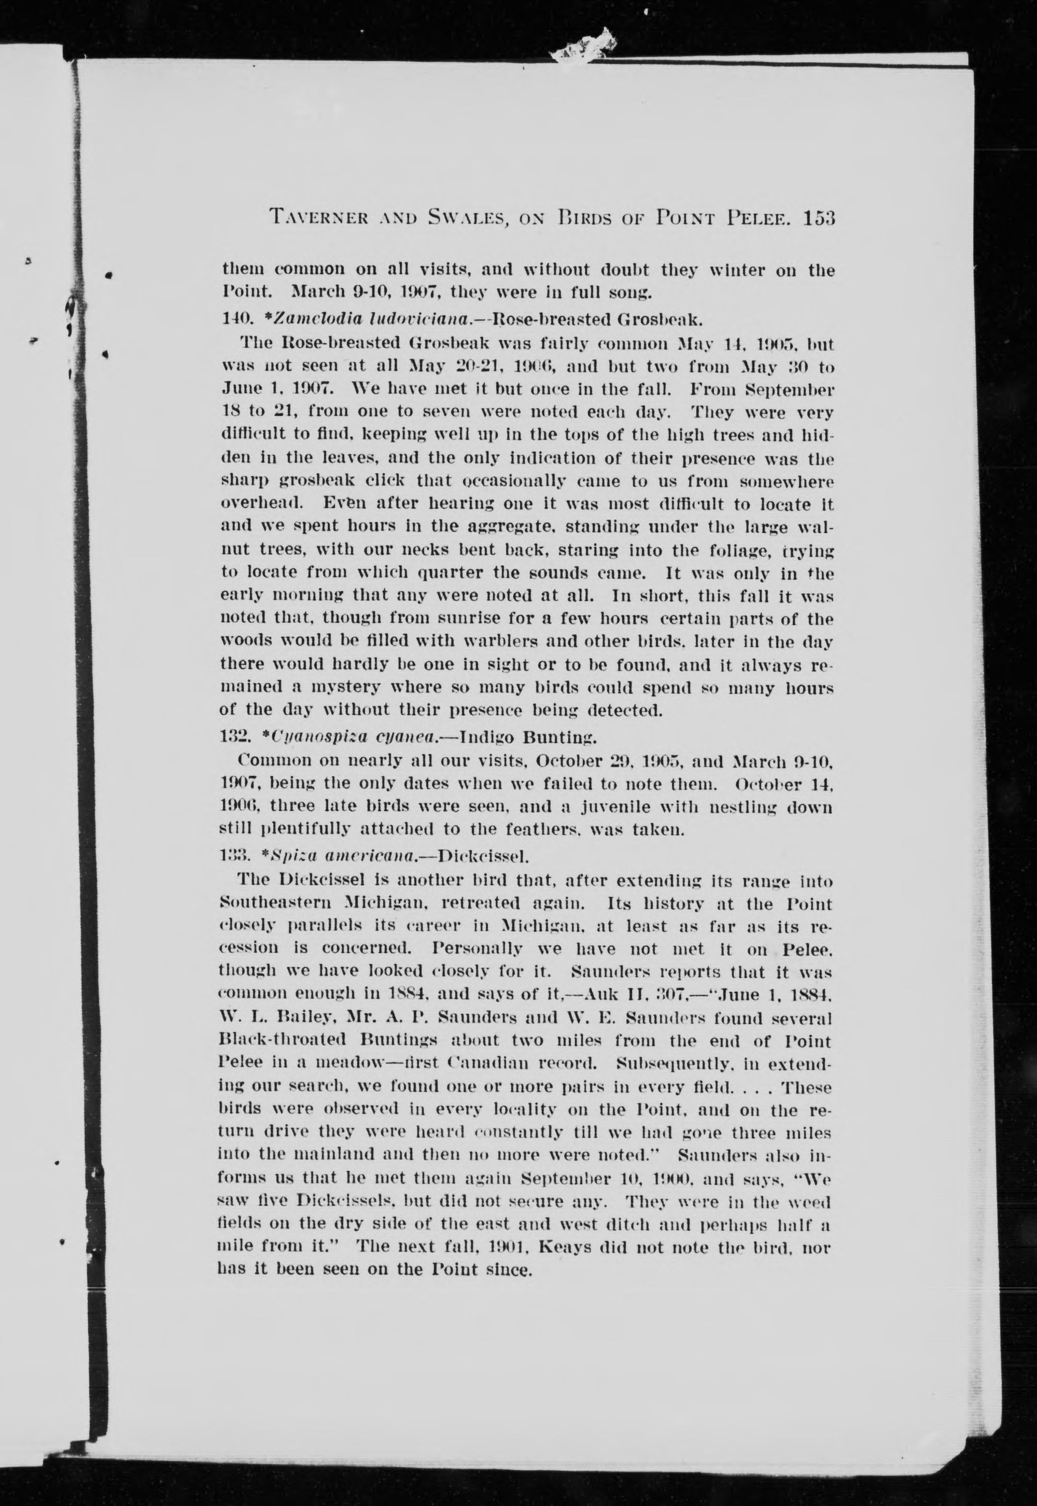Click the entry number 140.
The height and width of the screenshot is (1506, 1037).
(x=232, y=319)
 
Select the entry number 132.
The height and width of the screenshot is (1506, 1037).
(x=231, y=737)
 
